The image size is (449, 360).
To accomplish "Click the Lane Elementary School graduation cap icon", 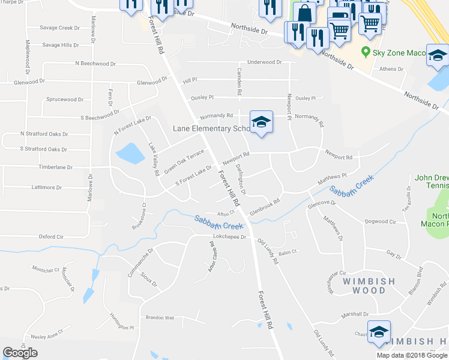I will tap(261, 122).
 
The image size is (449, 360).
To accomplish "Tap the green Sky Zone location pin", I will tap(365, 52).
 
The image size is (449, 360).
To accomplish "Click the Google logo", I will tap(20, 353).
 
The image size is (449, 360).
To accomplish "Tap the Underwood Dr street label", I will tap(264, 62).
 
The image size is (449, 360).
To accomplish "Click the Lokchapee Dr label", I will tap(230, 237).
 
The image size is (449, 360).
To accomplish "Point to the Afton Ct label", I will tap(224, 214).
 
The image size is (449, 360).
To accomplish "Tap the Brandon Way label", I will tap(160, 317).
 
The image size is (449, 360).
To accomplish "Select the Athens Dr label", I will tap(391, 69).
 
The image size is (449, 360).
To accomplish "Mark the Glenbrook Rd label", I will tap(265, 207).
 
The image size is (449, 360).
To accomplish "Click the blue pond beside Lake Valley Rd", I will tap(130, 153).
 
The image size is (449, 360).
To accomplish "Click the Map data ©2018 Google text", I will tap(412, 355).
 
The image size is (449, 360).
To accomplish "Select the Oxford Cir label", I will tap(51, 236).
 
